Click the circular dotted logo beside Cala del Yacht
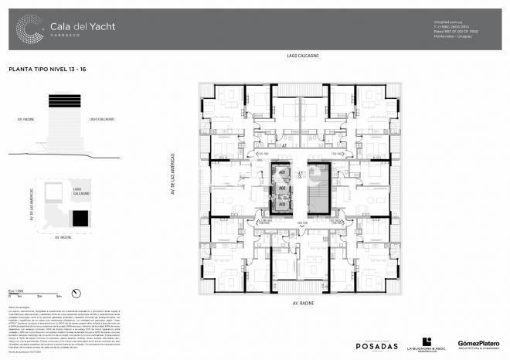30,29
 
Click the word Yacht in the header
101,25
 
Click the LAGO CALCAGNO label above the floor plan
302,56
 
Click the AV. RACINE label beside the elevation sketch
25,120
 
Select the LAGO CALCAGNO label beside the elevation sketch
101,120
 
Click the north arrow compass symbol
76,292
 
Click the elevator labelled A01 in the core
283,172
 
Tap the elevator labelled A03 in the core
283,203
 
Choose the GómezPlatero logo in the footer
478,344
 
